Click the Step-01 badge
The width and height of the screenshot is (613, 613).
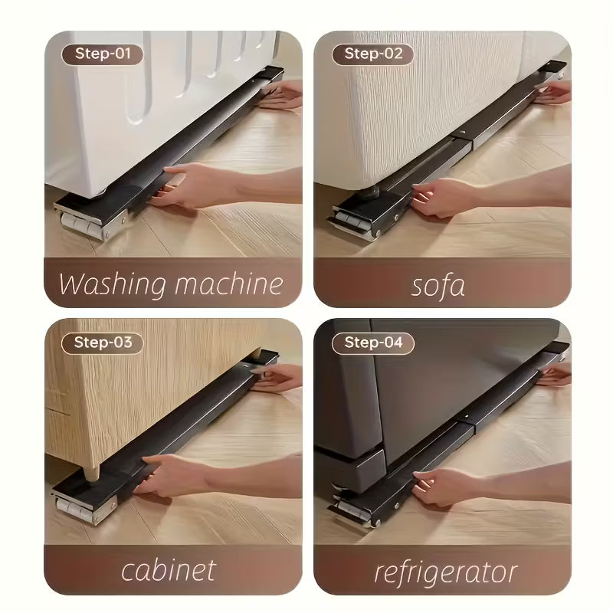coord(103,54)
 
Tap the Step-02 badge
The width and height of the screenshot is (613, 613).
coord(372,54)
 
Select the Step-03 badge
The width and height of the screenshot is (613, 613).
coord(103,343)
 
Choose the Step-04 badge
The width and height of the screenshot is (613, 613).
coord(372,343)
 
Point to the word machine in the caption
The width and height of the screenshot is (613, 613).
coord(228,284)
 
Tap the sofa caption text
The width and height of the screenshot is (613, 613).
coord(438,285)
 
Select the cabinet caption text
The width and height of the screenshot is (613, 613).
coord(169,571)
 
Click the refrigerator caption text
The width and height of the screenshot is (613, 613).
coord(446,573)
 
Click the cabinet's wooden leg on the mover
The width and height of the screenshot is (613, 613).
coord(92,471)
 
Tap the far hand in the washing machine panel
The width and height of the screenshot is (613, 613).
coord(280,95)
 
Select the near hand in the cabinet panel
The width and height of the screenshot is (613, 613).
coord(172,477)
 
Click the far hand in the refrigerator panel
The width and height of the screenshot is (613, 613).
coord(554,375)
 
